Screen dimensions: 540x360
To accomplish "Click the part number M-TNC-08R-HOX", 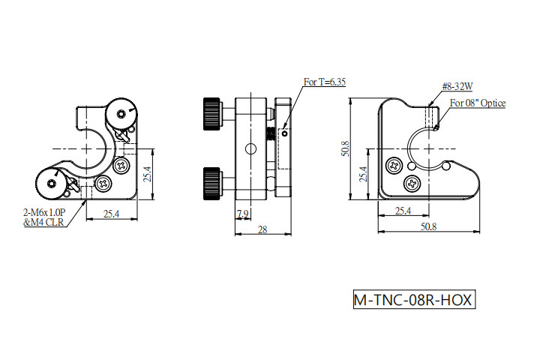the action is coord(414,300).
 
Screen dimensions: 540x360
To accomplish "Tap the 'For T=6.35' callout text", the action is coord(325,82).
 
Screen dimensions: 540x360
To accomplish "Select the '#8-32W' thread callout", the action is coord(457,86).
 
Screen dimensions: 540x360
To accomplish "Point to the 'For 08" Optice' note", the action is coord(478,103).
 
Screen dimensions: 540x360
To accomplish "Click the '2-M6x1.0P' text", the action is coord(44,211).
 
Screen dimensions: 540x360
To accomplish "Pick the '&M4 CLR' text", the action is coord(43,222).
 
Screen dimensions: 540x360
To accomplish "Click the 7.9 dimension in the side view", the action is coord(243,214).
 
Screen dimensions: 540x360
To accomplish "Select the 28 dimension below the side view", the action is coord(262,229).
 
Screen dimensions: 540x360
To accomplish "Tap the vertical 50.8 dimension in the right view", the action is coord(346,148).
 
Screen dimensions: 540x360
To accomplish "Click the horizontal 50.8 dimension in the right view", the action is coord(428,226).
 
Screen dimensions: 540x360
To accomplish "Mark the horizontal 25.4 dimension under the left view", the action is coord(111,214).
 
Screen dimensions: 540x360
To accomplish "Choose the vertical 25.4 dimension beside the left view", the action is coord(147,174).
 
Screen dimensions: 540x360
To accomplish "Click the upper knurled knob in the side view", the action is coord(211,114).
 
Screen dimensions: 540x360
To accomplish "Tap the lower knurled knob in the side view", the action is coord(211,184).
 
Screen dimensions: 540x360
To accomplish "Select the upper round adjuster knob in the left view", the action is coord(121,113).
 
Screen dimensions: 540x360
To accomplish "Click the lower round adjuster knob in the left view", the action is coord(52,184).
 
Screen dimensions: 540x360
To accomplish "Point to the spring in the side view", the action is coord(271,133).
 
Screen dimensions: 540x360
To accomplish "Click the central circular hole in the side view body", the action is coord(250,149).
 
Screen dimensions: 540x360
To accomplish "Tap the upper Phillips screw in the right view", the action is coord(394,166).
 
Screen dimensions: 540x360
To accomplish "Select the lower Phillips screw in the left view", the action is coord(103,184).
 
